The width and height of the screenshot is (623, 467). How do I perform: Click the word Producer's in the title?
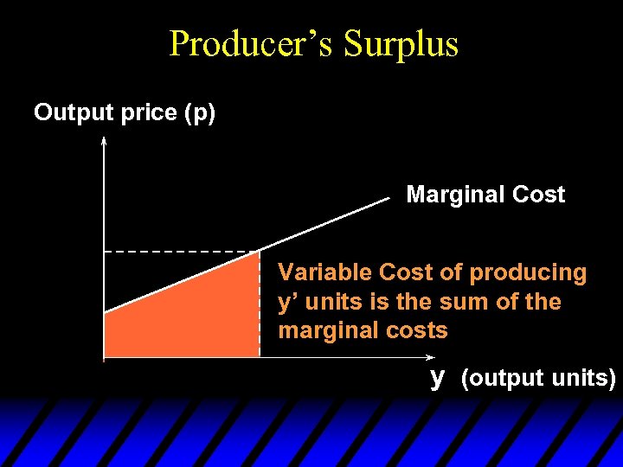pyautogui.click(x=252, y=43)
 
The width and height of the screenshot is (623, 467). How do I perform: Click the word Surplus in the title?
pyautogui.click(x=401, y=43)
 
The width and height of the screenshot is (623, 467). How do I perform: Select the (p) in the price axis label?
pyautogui.click(x=201, y=113)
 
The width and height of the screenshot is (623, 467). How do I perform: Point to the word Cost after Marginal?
pyautogui.click(x=538, y=195)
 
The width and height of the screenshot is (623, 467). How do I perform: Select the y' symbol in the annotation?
pyautogui.click(x=288, y=303)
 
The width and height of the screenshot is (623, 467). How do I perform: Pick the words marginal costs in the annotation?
pyautogui.click(x=363, y=330)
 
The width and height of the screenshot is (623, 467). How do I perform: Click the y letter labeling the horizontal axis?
pyautogui.click(x=439, y=376)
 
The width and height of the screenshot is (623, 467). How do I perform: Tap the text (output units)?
pyautogui.click(x=538, y=379)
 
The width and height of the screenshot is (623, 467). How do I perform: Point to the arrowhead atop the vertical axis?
pyautogui.click(x=104, y=140)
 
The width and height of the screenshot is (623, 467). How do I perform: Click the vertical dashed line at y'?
pyautogui.click(x=260, y=303)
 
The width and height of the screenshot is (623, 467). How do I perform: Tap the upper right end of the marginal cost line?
pyautogui.click(x=388, y=199)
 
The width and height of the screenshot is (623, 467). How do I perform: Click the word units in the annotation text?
pyautogui.click(x=333, y=303)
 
